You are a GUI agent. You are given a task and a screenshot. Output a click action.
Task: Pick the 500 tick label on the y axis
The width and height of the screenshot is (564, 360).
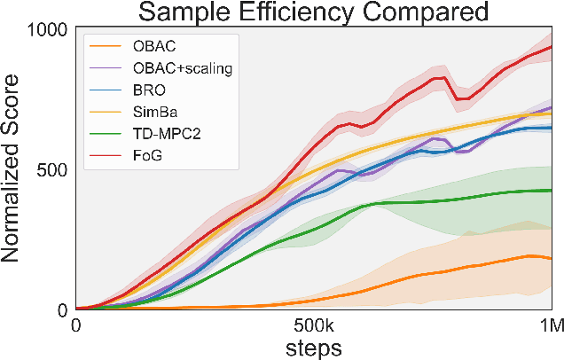click(51, 169)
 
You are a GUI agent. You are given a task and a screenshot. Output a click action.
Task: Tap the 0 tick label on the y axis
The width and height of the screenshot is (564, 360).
click(62, 309)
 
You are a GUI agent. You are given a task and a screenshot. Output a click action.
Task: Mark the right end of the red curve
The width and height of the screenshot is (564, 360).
click(552, 47)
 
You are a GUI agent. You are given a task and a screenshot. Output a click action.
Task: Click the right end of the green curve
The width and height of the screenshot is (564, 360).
click(552, 191)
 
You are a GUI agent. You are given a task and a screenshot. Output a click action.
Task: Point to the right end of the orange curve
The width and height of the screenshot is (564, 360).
click(552, 258)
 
